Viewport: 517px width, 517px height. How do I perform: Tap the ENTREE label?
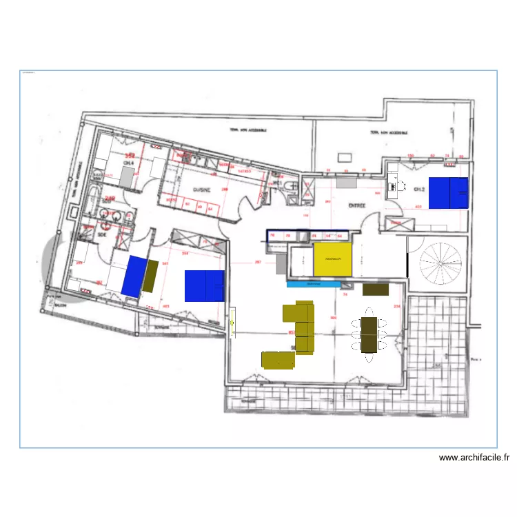(x=356, y=205)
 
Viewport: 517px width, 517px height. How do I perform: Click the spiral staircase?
(x=438, y=261)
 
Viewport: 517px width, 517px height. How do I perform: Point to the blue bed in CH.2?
(x=448, y=193)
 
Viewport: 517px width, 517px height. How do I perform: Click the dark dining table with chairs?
(x=369, y=334)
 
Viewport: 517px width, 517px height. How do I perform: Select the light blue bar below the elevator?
(x=314, y=283)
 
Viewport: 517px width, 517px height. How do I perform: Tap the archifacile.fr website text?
(x=474, y=456)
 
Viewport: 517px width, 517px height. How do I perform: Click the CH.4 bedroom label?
(x=128, y=163)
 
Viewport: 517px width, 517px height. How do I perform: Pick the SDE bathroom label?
(x=103, y=234)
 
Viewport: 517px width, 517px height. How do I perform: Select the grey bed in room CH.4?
(x=128, y=177)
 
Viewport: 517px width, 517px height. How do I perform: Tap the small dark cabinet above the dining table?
(x=376, y=290)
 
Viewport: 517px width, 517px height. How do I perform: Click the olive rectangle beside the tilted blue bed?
(x=150, y=276)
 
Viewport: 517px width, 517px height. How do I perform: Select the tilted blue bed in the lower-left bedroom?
(x=134, y=275)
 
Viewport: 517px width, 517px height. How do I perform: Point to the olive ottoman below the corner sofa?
(x=278, y=358)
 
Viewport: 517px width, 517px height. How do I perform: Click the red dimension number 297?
(x=258, y=262)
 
